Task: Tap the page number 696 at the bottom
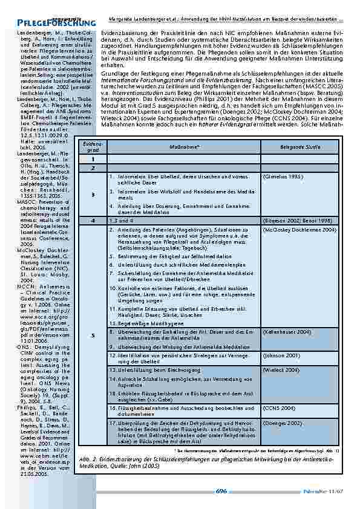coord(221,490)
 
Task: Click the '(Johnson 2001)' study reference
coord(281,355)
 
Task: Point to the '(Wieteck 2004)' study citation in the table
coord(281,369)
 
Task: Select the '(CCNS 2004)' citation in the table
coord(279,407)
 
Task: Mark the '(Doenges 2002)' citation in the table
coord(281,422)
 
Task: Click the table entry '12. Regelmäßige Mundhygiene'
coord(142,324)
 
